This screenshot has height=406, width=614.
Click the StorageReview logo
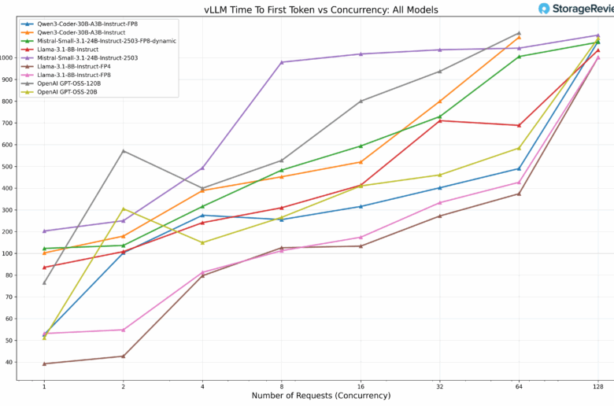575,9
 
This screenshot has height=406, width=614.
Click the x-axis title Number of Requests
320,395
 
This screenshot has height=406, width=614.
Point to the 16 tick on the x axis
361,386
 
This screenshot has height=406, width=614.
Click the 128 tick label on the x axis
597,386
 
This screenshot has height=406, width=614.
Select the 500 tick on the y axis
9,166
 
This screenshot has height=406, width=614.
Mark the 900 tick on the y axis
9,79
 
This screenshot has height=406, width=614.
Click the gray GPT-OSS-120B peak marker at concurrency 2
123,151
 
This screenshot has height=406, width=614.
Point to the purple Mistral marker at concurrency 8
281,62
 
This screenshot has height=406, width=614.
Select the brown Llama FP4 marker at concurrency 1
44,364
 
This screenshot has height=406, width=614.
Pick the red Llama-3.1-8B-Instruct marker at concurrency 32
439,120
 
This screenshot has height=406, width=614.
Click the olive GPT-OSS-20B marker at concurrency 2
123,209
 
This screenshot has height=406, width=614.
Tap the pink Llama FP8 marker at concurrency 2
123,330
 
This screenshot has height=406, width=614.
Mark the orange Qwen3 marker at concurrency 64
519,37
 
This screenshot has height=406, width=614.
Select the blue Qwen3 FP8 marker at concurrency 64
519,168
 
